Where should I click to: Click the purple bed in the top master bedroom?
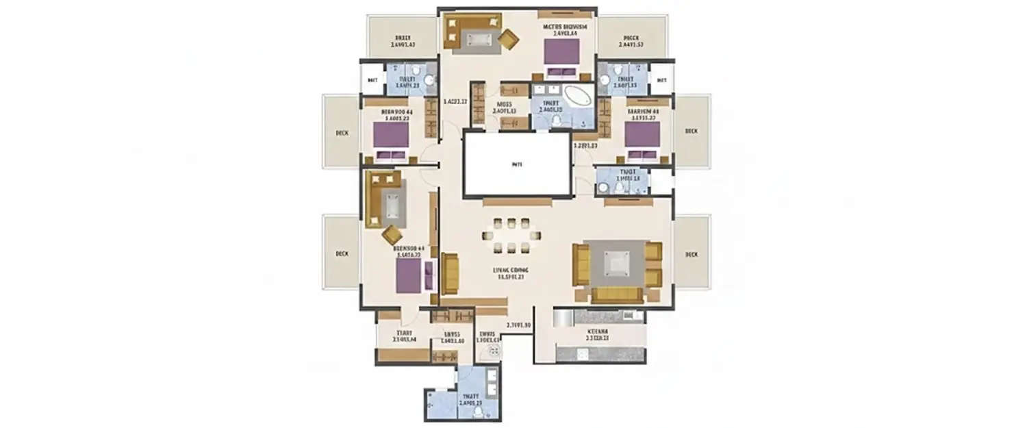click(x=562, y=52)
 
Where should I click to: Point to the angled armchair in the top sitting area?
click(x=508, y=39)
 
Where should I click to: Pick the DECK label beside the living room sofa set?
click(x=692, y=254)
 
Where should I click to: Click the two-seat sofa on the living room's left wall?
click(x=450, y=273)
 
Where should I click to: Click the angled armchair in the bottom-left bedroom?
click(x=392, y=235)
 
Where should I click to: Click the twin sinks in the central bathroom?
click(x=548, y=89)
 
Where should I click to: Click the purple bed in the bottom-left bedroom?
click(x=408, y=275)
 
